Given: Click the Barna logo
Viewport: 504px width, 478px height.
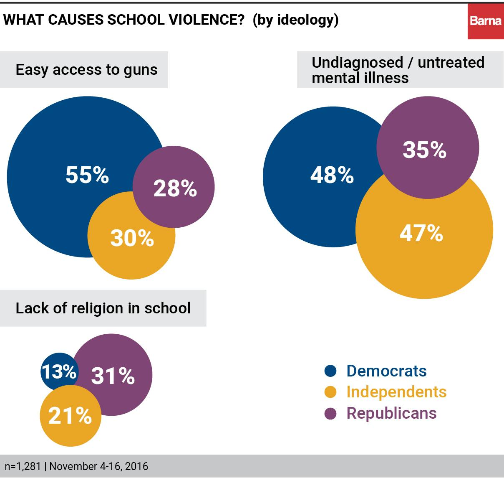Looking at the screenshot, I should pyautogui.click(x=485, y=21).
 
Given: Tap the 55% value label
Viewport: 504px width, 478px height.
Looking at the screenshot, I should pyautogui.click(x=87, y=175).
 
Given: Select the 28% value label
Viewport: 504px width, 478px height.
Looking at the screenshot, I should pyautogui.click(x=175, y=188).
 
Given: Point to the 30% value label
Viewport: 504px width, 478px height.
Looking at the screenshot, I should pyautogui.click(x=132, y=238).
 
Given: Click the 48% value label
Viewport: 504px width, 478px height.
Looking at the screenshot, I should pyautogui.click(x=332, y=175).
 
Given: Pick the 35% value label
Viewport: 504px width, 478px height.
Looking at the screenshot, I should pyautogui.click(x=424, y=150).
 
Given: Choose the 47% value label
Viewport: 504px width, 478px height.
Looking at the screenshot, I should pyautogui.click(x=421, y=233).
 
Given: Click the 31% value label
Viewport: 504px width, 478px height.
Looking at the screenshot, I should pyautogui.click(x=113, y=376).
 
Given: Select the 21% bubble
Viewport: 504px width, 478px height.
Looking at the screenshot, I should pyautogui.click(x=70, y=416).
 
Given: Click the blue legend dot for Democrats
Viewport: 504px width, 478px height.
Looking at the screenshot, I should pyautogui.click(x=330, y=371).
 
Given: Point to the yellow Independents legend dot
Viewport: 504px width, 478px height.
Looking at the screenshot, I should pyautogui.click(x=330, y=392).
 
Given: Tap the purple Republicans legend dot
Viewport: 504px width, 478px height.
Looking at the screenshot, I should pyautogui.click(x=330, y=414).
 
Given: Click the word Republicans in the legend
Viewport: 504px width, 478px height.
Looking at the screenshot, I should pyautogui.click(x=391, y=413).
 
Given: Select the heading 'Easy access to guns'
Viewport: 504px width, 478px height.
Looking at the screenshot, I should pyautogui.click(x=86, y=69).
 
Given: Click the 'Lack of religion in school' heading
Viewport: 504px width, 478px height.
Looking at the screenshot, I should pyautogui.click(x=103, y=308).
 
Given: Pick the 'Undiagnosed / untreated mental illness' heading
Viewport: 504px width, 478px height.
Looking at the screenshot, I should pyautogui.click(x=398, y=70).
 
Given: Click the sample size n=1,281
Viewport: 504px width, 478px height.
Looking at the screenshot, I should pyautogui.click(x=23, y=466).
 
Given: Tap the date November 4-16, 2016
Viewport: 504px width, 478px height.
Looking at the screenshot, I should pyautogui.click(x=98, y=466).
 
